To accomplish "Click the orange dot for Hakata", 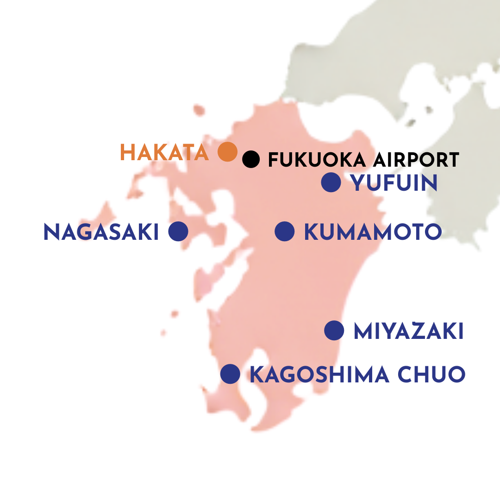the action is click(227, 151).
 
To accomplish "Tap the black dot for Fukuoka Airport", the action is click(251, 159).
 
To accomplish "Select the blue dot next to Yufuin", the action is click(331, 182).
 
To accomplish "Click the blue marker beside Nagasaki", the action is click(178, 231).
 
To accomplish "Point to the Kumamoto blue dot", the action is click(285, 231).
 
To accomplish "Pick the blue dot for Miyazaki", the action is click(334, 331).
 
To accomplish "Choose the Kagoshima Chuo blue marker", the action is click(230, 374).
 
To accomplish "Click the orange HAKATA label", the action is click(164, 152).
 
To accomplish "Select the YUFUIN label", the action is click(394, 183).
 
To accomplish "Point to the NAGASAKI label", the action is click(101, 232).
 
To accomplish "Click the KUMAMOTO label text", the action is click(372, 232).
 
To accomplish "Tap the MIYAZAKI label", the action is click(408, 331).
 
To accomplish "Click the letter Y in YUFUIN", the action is click(358, 183).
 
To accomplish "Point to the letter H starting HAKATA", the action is click(127, 152).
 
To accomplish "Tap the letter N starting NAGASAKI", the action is click(50, 232).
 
